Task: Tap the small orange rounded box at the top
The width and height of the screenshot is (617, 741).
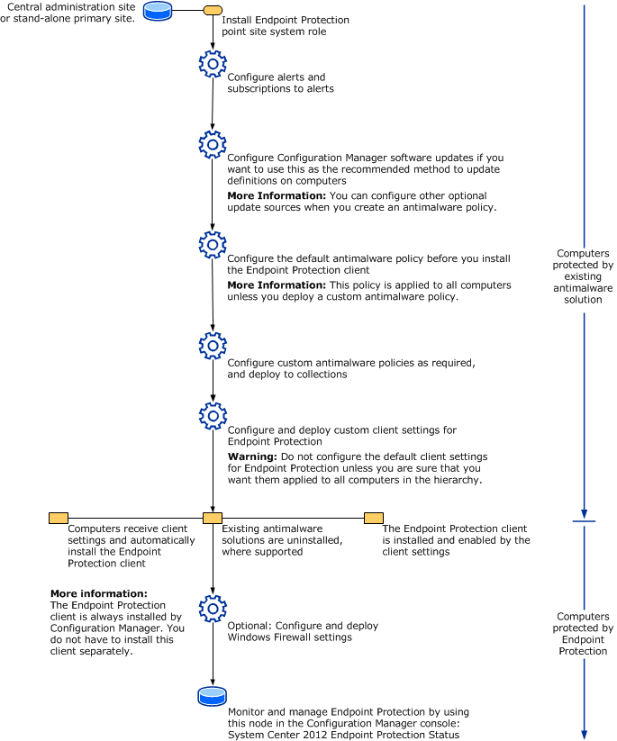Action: pos(213,10)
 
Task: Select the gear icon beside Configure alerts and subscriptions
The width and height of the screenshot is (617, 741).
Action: pos(212,64)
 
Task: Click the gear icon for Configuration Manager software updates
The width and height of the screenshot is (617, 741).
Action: pos(212,144)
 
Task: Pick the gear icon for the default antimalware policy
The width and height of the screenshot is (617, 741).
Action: pos(212,244)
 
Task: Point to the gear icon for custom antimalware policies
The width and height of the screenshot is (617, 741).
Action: pos(212,346)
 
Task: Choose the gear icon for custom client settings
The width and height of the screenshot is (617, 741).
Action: pos(212,415)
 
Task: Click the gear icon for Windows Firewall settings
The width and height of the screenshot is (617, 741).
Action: pos(212,606)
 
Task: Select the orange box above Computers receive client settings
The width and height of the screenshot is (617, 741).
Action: pos(58,518)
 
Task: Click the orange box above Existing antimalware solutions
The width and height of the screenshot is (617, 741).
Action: pos(213,518)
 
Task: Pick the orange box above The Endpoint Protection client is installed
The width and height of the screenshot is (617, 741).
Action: pos(374,518)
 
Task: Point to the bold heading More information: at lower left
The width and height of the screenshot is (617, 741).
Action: pos(98,594)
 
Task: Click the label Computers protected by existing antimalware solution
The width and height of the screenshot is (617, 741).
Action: pos(584,276)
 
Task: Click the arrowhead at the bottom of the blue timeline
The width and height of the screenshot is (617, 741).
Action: pos(585,732)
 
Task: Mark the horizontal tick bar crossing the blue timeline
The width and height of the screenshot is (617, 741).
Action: pos(585,520)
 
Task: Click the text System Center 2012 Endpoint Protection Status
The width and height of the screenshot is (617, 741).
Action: pos(345,734)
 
